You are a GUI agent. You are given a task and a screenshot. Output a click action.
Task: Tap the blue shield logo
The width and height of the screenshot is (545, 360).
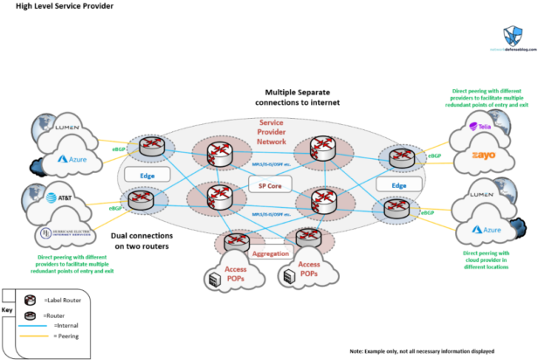[x=514, y=36]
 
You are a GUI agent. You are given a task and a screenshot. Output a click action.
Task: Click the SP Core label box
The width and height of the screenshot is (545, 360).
[x=268, y=185]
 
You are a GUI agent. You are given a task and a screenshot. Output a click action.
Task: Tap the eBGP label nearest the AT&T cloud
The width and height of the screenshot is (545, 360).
[x=114, y=209]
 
